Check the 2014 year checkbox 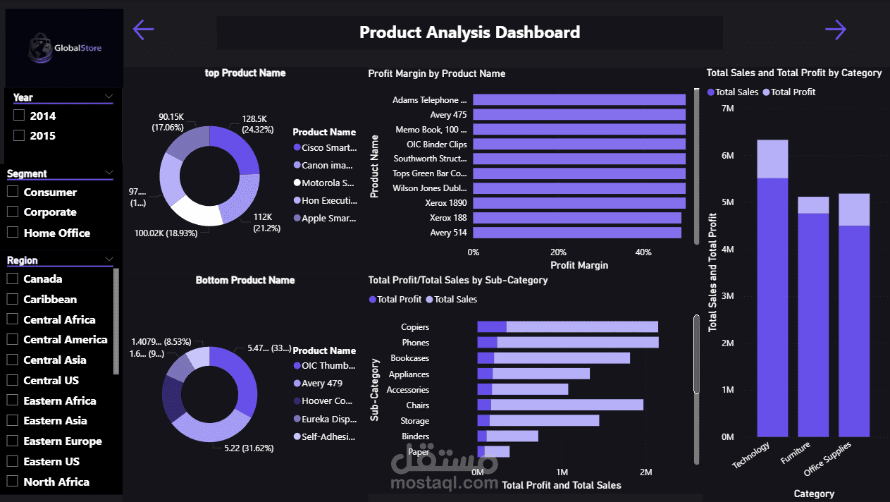click(19, 116)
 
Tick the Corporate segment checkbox click(13, 212)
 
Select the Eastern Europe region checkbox click(13, 441)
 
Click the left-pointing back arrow click(143, 30)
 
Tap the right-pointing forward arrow click(835, 30)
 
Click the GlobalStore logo click(65, 48)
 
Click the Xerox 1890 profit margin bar click(578, 203)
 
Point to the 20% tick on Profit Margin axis click(558, 252)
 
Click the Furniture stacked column click(813, 317)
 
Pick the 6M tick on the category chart click(727, 156)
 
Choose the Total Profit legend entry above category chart click(793, 92)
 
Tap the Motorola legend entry click(328, 183)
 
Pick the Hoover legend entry click(326, 401)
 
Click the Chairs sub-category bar click(560, 405)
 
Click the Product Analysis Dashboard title click(469, 32)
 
